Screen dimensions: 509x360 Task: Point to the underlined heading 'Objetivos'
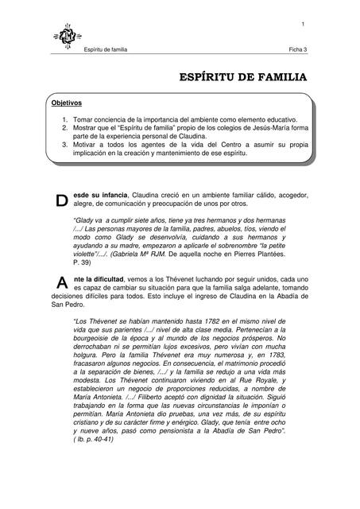(67, 103)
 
